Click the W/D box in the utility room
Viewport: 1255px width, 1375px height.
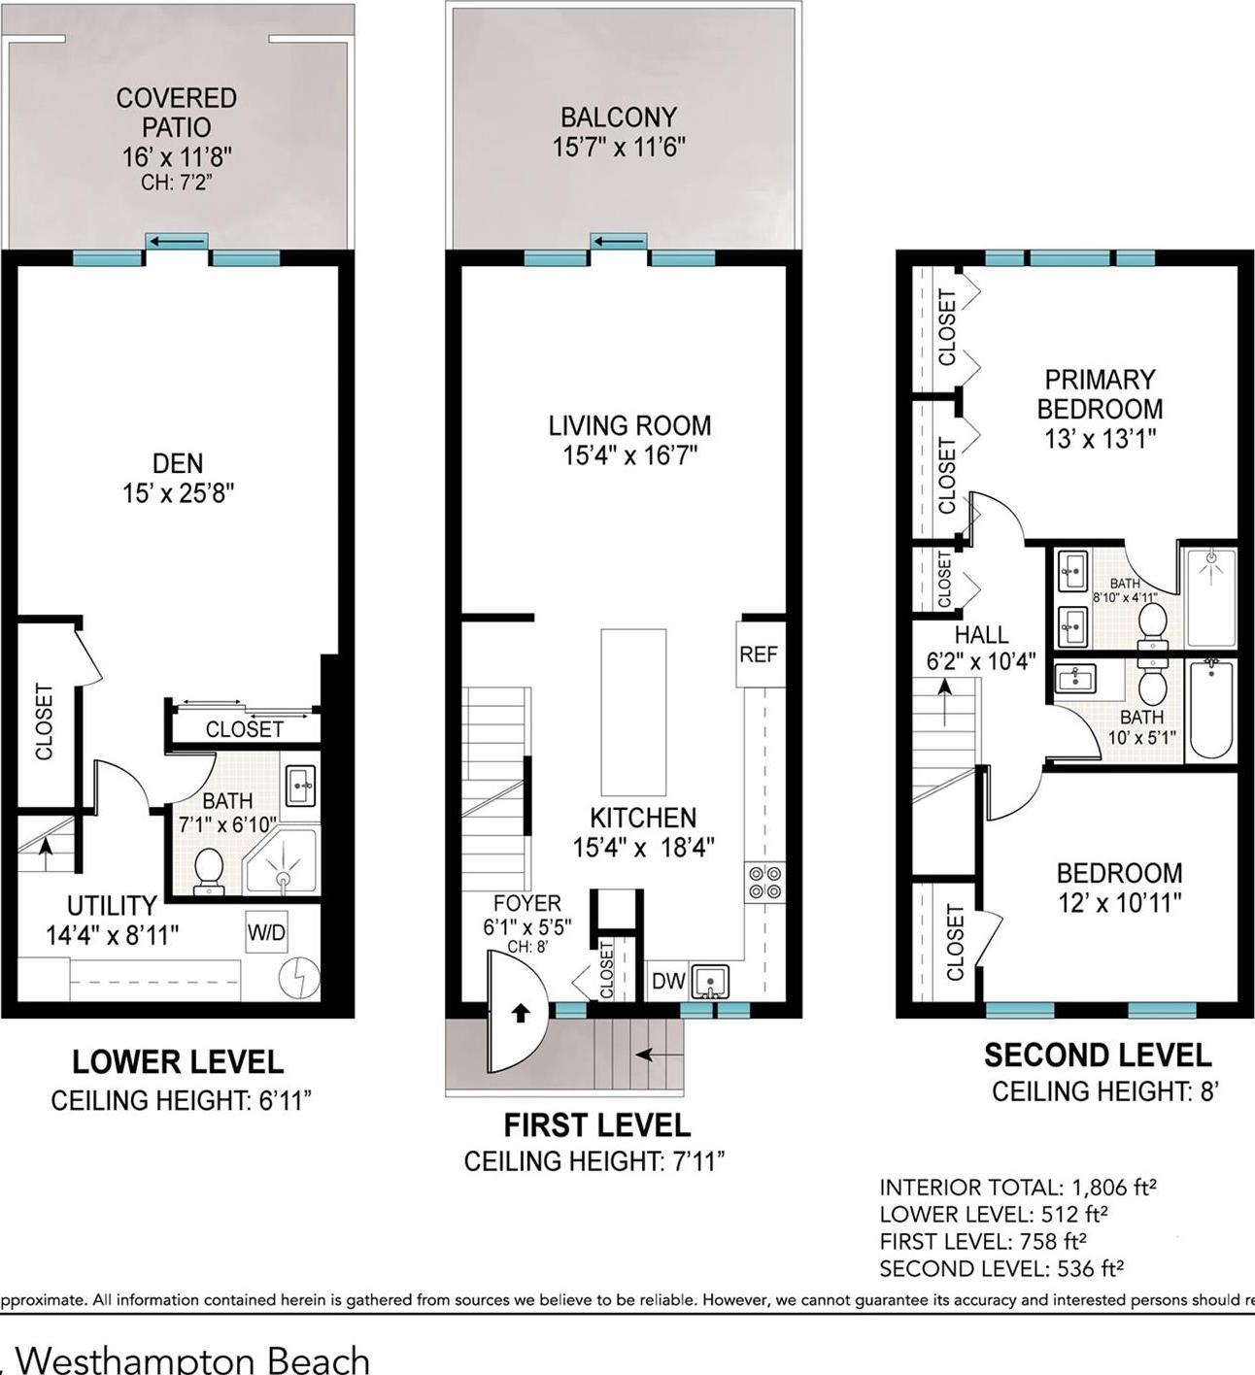click(x=266, y=933)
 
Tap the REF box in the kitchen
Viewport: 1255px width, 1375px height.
click(x=758, y=654)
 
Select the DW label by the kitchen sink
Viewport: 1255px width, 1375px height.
click(x=668, y=982)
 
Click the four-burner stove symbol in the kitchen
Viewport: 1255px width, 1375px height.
click(x=764, y=882)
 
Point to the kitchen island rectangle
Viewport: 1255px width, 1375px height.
click(x=633, y=712)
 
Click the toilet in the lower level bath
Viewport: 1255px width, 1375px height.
click(x=209, y=870)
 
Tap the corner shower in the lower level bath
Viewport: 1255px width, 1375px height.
click(x=281, y=862)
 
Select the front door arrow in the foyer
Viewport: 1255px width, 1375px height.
click(x=521, y=1013)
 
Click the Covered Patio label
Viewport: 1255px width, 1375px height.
click(x=176, y=112)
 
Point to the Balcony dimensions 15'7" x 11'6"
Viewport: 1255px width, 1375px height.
click(x=619, y=148)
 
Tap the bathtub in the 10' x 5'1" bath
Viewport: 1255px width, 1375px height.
click(x=1210, y=710)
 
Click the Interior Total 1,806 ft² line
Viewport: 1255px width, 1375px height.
click(x=1017, y=1187)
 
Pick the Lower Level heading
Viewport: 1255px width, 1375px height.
click(x=178, y=1062)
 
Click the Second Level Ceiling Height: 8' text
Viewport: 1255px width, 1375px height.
click(x=1104, y=1091)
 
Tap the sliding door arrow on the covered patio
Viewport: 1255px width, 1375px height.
click(x=177, y=241)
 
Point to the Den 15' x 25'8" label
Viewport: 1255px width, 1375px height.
click(x=178, y=478)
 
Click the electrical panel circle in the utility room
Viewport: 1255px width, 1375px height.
click(x=299, y=979)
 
